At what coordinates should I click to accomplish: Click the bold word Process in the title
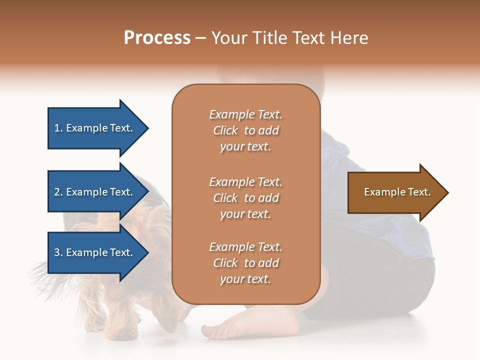pos(157,37)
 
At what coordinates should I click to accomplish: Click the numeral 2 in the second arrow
pos(57,192)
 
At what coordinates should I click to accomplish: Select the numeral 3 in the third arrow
pos(57,252)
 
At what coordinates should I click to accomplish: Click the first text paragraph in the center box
pos(245,130)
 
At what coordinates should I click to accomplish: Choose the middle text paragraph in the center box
pos(245,198)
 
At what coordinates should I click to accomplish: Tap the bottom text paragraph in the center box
pos(245,263)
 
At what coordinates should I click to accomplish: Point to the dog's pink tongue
pos(138,229)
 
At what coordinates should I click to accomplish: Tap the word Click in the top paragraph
pos(225,130)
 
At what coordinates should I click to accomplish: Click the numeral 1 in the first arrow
pos(57,128)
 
